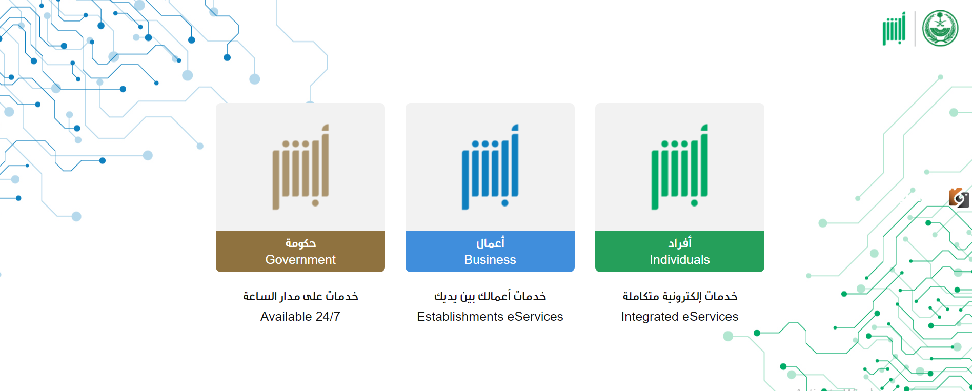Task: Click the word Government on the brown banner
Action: point(300,260)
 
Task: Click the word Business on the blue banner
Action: point(490,260)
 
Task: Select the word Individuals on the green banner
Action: point(680,260)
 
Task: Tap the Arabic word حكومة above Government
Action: point(300,243)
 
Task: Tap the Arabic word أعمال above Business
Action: point(490,243)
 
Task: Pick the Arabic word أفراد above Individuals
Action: point(680,242)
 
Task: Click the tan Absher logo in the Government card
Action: point(300,167)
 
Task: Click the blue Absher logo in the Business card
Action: point(490,167)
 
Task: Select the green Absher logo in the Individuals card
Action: point(680,167)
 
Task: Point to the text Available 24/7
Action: point(300,317)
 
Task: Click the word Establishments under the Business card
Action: point(460,317)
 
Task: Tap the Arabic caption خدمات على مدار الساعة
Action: point(300,296)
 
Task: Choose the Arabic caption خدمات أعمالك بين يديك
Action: point(490,296)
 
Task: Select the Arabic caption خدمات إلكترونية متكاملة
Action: point(680,296)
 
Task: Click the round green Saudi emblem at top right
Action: point(940,28)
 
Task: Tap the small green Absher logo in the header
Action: point(894,29)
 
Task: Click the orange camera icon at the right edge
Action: point(959,198)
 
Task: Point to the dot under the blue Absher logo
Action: point(505,203)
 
